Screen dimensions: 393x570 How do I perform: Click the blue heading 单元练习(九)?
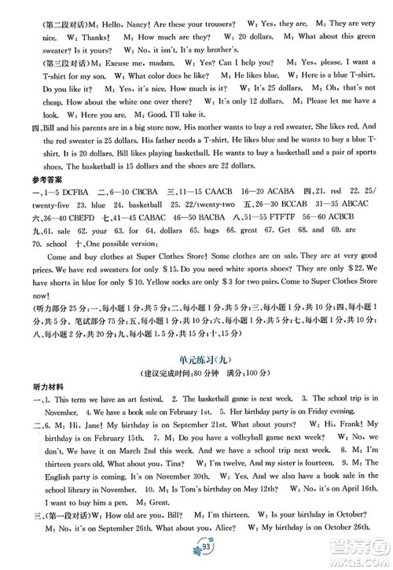(x=196, y=359)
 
